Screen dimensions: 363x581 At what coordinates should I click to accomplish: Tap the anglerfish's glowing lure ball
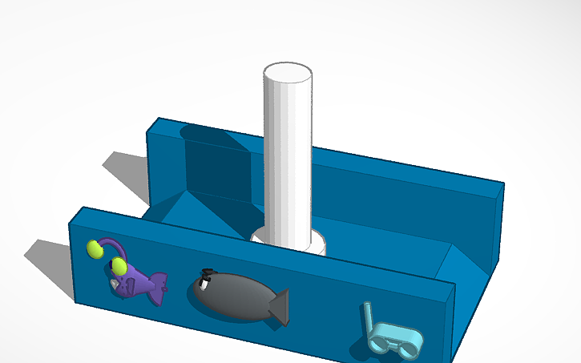[x=95, y=249]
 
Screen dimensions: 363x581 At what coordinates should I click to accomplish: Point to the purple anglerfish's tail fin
[x=159, y=284]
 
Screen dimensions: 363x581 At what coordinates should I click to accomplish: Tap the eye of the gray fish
[x=206, y=281]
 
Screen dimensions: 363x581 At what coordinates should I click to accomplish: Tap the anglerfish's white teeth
[x=117, y=284]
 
